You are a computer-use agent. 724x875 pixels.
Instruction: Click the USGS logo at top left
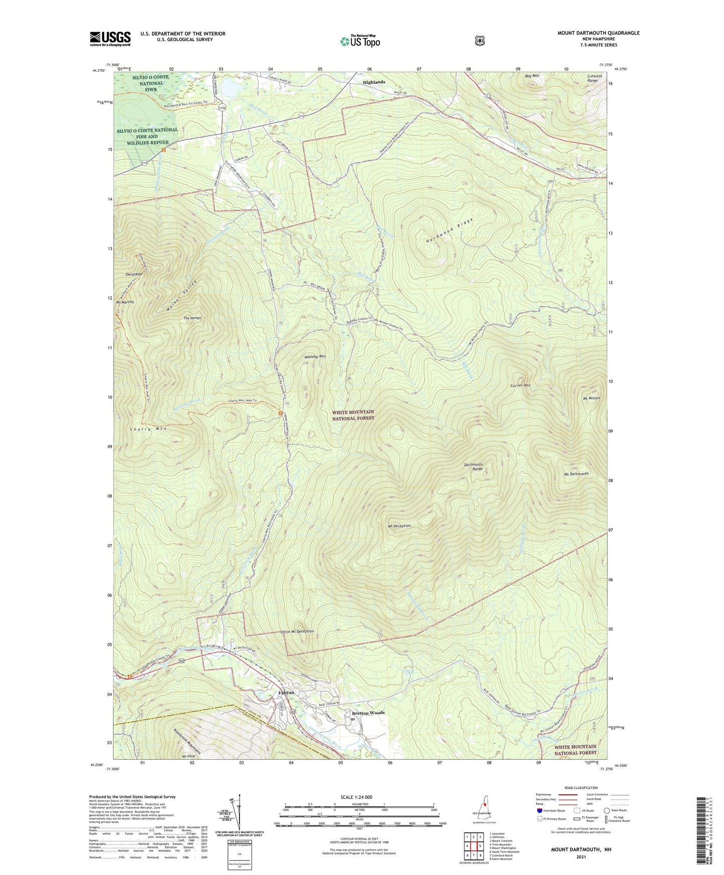pyautogui.click(x=110, y=39)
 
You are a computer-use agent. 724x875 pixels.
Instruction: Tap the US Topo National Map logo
pyautogui.click(x=359, y=41)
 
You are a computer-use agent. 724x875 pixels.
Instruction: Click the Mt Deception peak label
pyautogui.click(x=399, y=526)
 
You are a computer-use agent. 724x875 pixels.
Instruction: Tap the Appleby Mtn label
pyautogui.click(x=315, y=356)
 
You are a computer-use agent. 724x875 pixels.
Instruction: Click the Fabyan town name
pyautogui.click(x=286, y=693)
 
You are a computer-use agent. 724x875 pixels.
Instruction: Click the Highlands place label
pyautogui.click(x=374, y=82)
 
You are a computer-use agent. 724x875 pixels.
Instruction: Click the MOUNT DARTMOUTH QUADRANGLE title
pyautogui.click(x=598, y=33)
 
